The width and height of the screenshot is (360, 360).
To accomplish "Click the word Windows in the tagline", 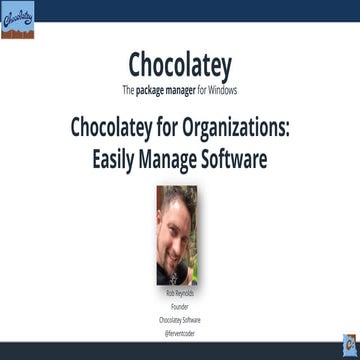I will click(227, 90).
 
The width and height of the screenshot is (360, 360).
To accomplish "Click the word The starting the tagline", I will click(128, 90).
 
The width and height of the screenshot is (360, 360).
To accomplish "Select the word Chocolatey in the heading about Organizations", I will click(115, 128).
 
